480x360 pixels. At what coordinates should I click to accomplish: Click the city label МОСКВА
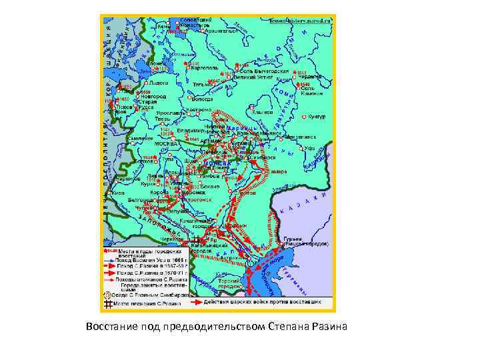(166, 143)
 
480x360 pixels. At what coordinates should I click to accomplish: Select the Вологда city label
(203, 98)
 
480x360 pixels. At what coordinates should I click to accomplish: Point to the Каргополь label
(203, 68)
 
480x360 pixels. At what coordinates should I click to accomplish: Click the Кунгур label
(316, 117)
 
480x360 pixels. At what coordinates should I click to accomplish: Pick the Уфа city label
(308, 147)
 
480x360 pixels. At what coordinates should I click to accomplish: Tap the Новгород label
(153, 97)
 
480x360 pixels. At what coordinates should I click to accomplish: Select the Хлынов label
(265, 113)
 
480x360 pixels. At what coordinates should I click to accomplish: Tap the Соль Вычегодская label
(265, 71)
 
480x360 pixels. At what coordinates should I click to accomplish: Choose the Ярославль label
(171, 114)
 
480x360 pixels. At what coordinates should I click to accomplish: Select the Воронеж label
(175, 193)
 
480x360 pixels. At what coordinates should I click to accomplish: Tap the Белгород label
(139, 199)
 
